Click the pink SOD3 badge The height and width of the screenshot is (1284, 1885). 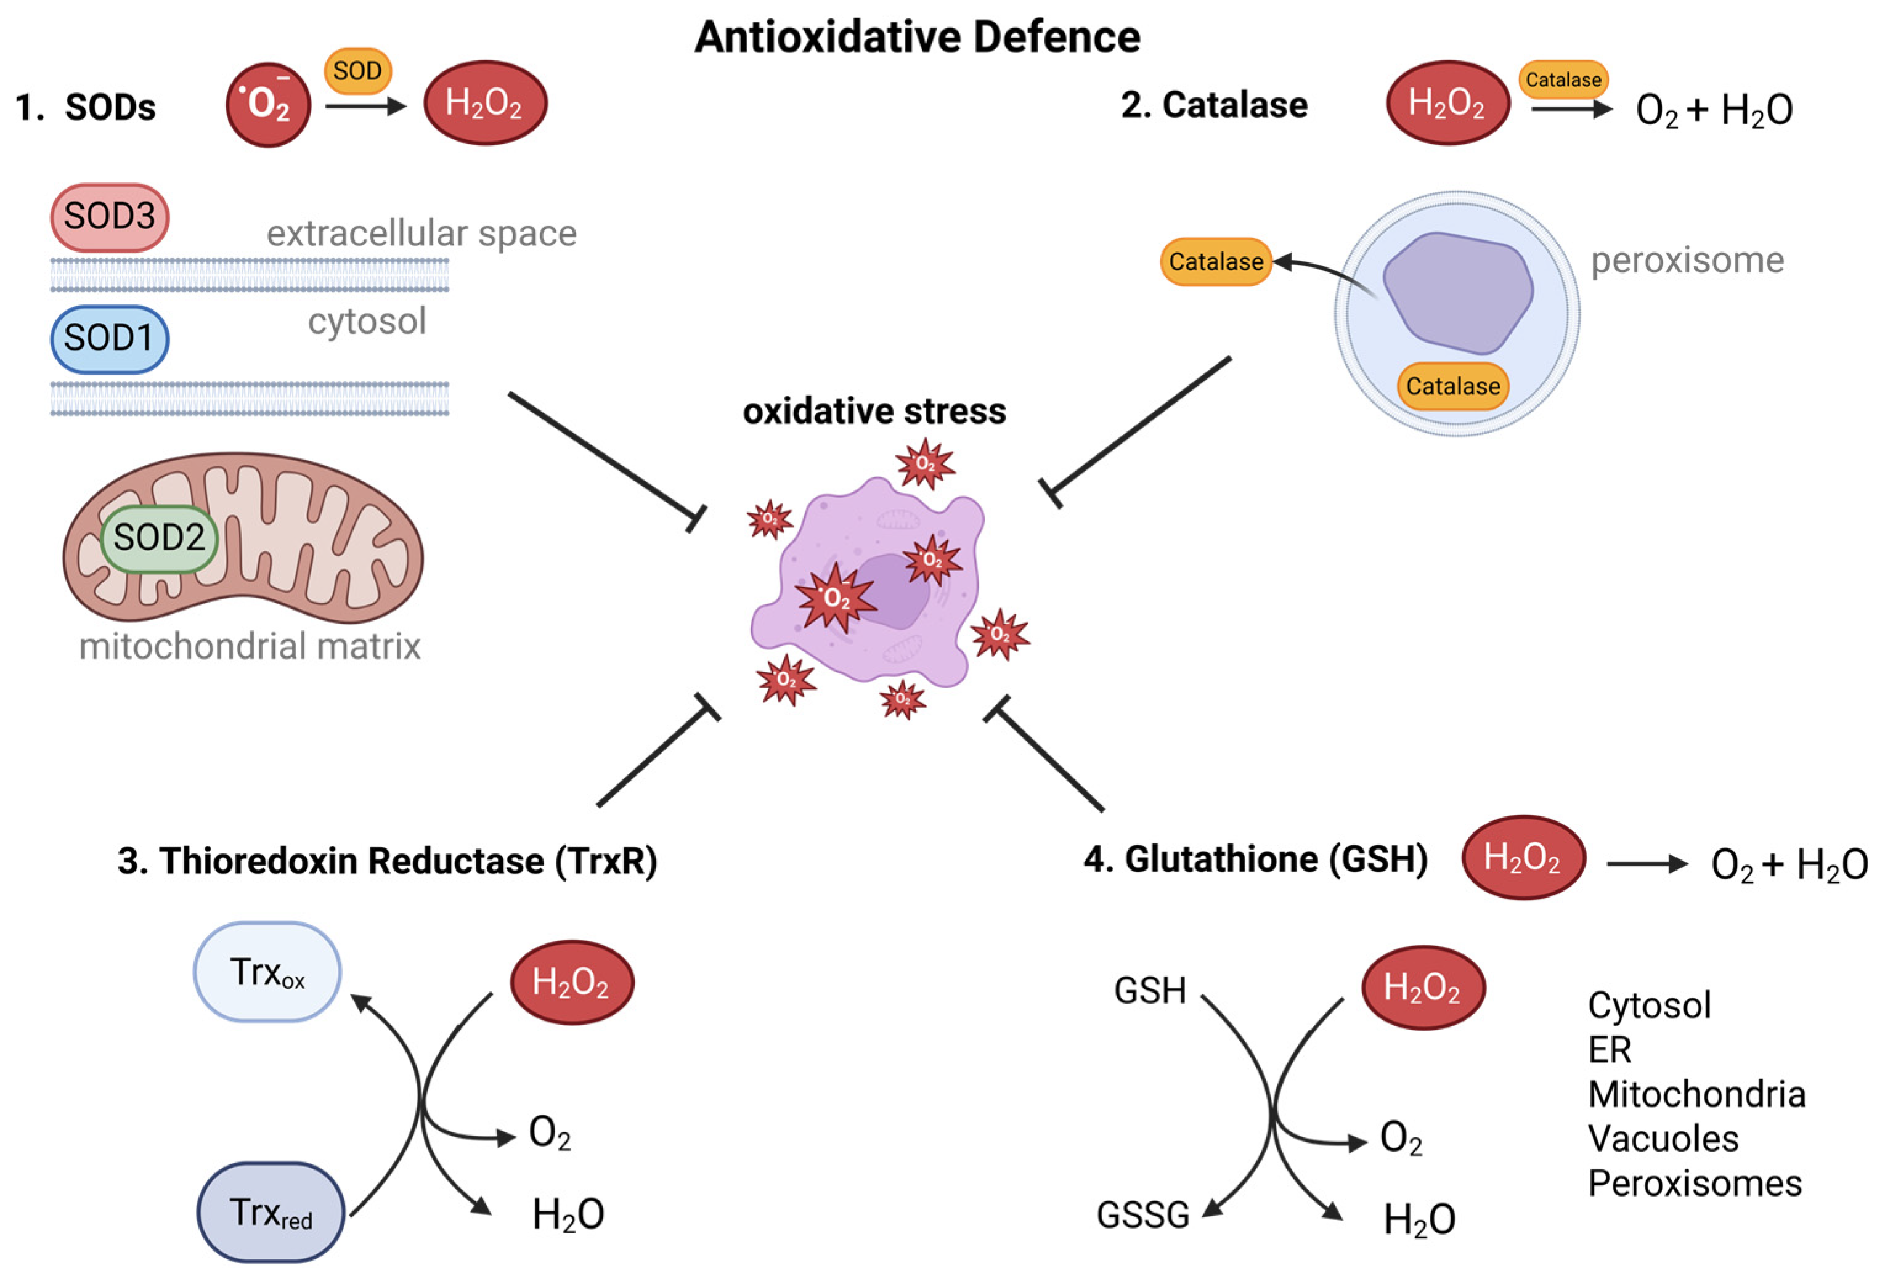coord(110,217)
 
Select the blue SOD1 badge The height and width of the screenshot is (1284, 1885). coord(110,338)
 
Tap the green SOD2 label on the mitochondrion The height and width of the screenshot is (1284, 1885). coord(159,538)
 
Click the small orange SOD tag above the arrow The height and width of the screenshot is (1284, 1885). coord(357,71)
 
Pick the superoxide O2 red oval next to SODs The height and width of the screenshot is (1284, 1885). coord(267,105)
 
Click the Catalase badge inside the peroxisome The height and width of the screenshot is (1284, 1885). coord(1452,386)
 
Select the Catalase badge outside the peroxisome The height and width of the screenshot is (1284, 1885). coord(1215,262)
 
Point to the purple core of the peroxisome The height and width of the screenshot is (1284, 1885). coord(1457,292)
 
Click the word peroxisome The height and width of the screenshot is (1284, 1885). coord(1687,261)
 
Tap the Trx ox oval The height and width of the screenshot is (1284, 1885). coord(267,972)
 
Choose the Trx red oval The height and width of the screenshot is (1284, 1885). coord(271,1213)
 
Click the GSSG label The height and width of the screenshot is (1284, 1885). coord(1143,1215)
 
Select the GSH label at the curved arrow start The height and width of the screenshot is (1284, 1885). coord(1149,990)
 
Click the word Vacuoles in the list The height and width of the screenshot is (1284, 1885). coord(1663,1139)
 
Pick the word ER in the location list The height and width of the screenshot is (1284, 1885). coord(1609,1050)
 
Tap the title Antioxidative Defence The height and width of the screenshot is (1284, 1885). coord(918,38)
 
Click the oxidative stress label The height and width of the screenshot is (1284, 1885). coord(874,411)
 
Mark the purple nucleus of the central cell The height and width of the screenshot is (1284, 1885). coord(892,592)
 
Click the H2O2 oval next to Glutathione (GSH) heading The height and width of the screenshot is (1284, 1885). coord(1523,858)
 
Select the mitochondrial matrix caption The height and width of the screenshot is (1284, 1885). coord(250,646)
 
